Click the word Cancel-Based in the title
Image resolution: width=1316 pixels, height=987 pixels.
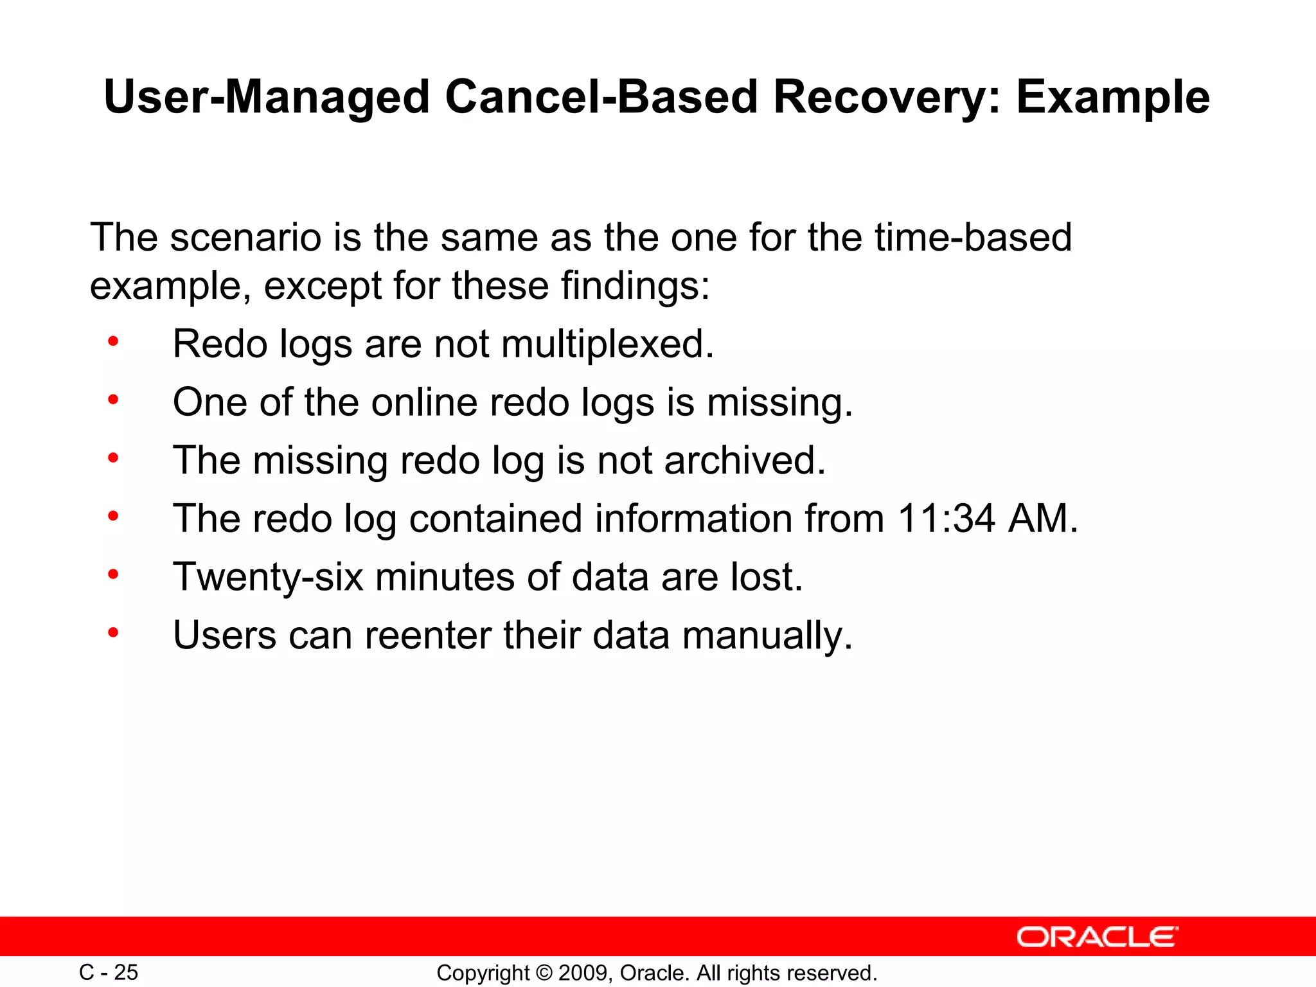[601, 97]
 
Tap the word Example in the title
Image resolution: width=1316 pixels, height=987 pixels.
[1113, 97]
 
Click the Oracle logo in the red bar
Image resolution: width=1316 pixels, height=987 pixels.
[1097, 937]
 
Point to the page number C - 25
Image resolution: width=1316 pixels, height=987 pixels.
[108, 972]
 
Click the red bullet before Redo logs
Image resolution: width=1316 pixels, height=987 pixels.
[113, 342]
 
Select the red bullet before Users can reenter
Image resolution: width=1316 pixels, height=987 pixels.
[113, 633]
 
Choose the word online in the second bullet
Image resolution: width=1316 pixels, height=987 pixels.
[424, 402]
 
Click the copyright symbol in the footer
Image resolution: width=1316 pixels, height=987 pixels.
[544, 973]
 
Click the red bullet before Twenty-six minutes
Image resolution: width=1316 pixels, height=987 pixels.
[113, 574]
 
